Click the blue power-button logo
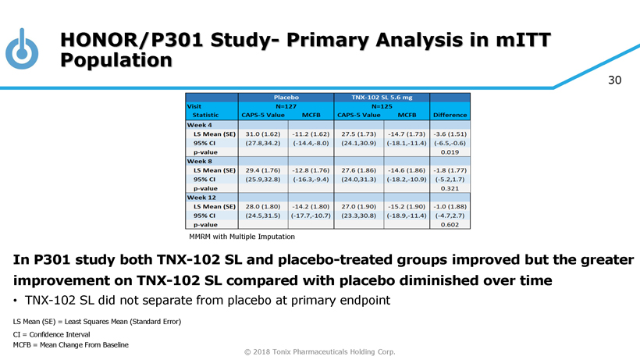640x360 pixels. coord(21,49)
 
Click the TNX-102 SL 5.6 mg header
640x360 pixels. coord(382,97)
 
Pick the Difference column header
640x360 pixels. coord(450,115)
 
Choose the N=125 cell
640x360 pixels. coord(382,105)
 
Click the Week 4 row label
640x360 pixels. coord(201,125)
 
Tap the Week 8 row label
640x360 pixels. coord(201,161)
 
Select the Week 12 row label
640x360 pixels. coord(203,197)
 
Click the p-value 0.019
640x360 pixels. coord(450,152)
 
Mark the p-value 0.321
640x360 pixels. coord(450,188)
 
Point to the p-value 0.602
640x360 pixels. coord(450,224)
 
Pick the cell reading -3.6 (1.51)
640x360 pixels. coord(450,134)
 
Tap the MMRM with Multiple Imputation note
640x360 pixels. coord(242,236)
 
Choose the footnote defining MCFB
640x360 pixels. coord(71,344)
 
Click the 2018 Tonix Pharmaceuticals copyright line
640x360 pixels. coord(320,351)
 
